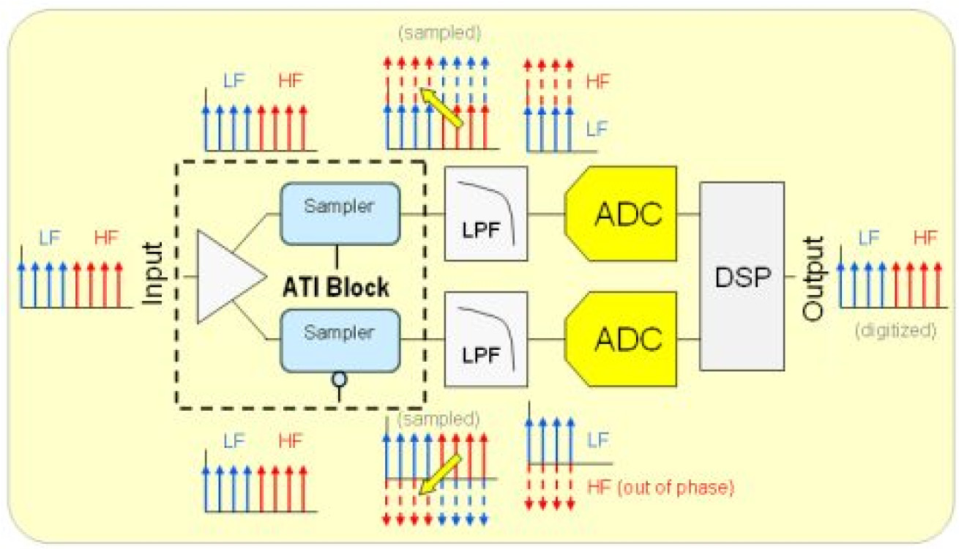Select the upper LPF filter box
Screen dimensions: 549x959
tap(486, 214)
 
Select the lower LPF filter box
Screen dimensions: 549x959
tap(486, 339)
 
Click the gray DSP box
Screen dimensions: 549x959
tap(742, 276)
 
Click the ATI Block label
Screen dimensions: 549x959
tap(336, 288)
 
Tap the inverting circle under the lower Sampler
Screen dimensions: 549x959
tap(338, 379)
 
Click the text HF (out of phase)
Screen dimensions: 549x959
tap(660, 486)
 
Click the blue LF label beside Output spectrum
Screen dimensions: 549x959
tap(869, 238)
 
